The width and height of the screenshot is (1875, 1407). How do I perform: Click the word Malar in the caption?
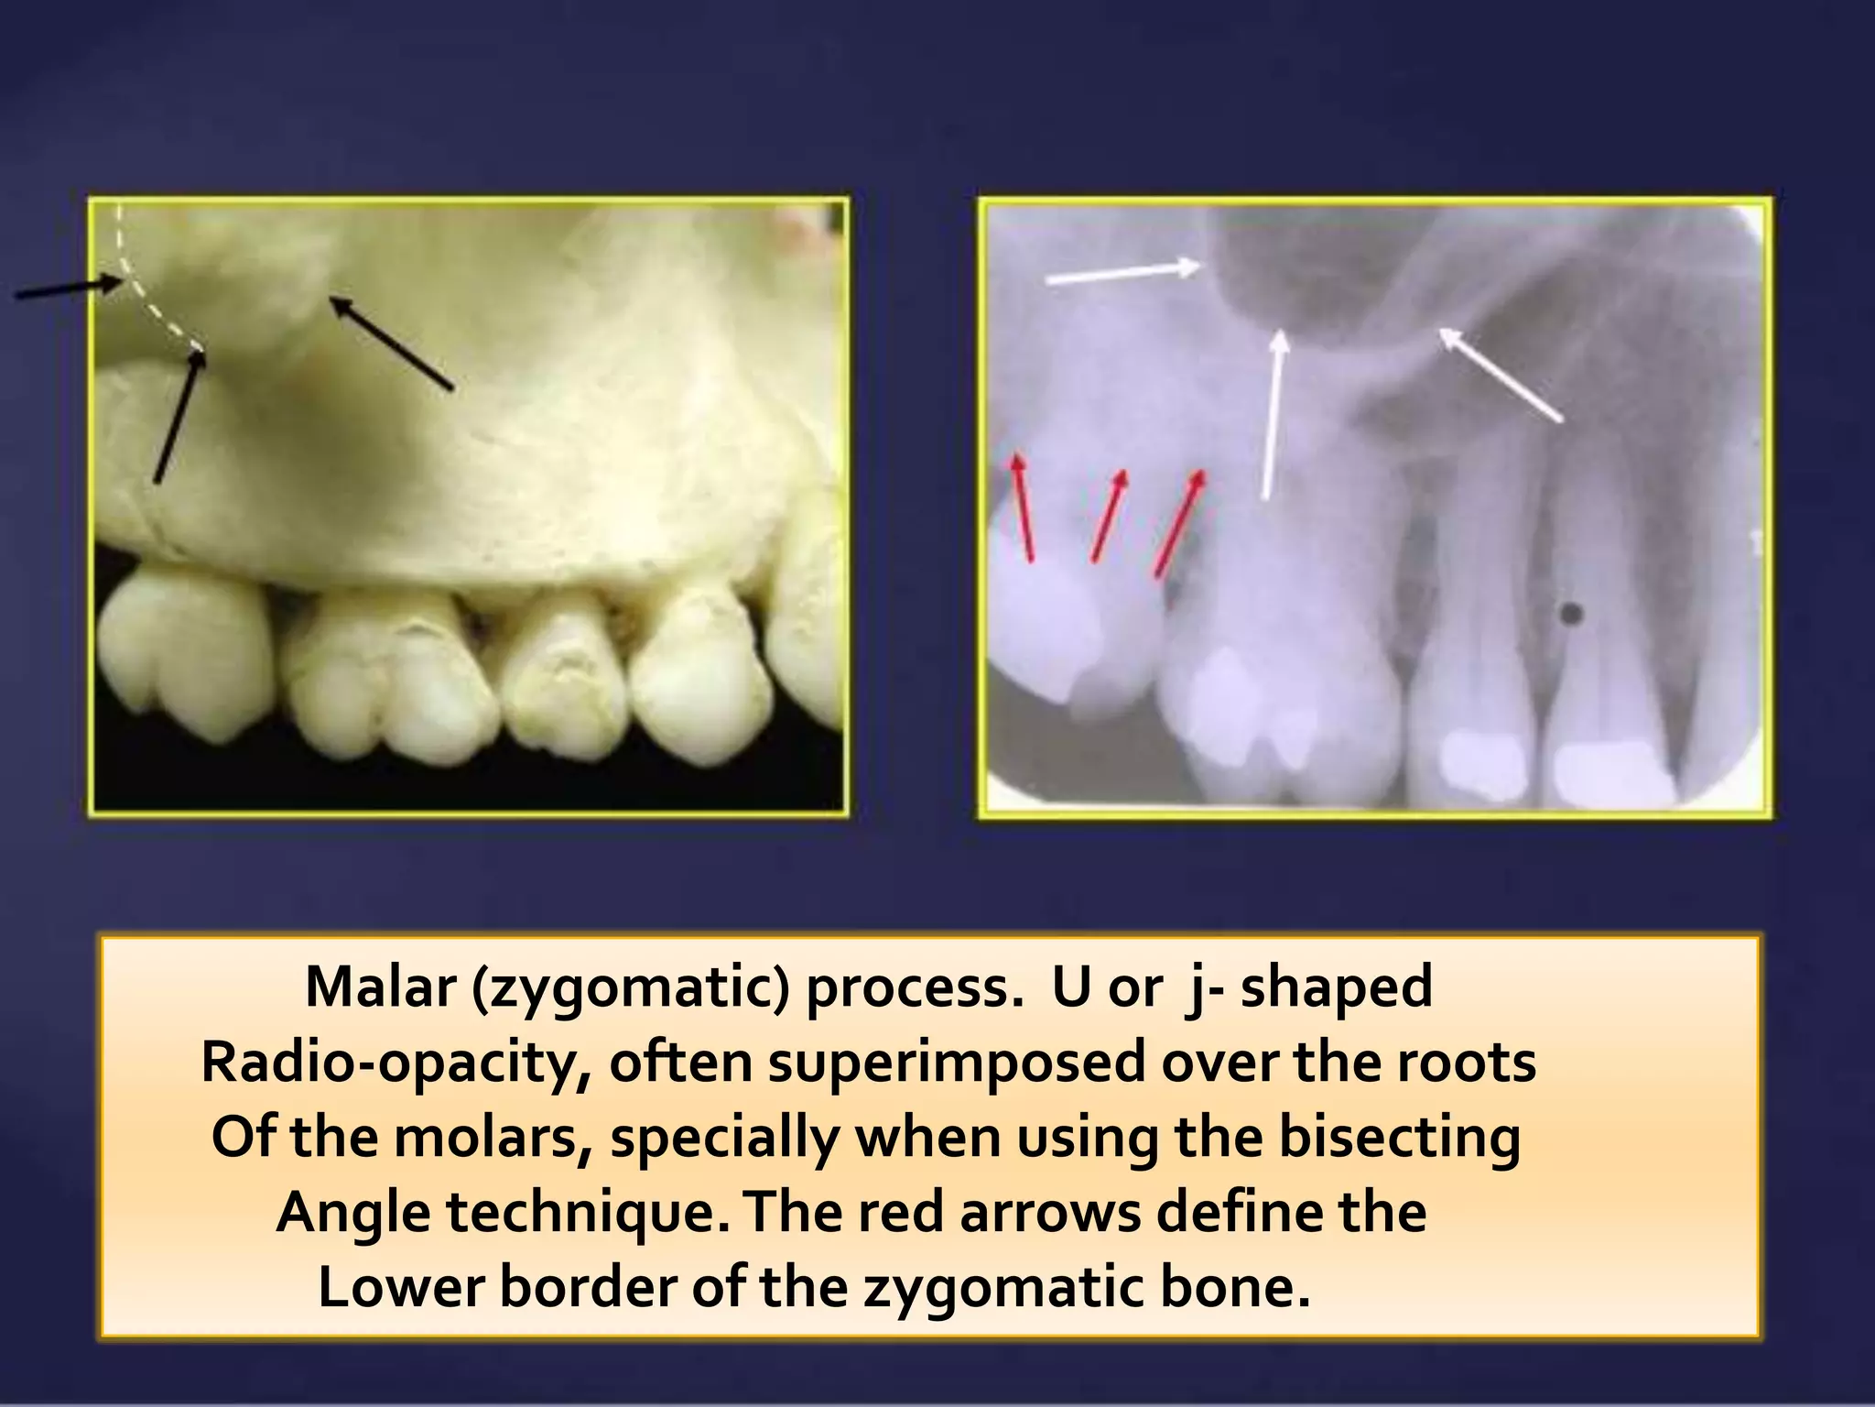(381, 987)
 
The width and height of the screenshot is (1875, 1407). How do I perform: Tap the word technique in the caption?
(587, 1214)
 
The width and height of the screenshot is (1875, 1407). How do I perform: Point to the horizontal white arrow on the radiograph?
(1122, 272)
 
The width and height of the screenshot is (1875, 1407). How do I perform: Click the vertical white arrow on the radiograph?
(1273, 416)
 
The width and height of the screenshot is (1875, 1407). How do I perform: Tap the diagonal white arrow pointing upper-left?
(1501, 376)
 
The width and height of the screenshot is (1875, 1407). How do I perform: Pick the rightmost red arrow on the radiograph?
(1179, 524)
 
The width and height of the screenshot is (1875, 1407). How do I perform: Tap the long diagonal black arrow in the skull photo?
(391, 344)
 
